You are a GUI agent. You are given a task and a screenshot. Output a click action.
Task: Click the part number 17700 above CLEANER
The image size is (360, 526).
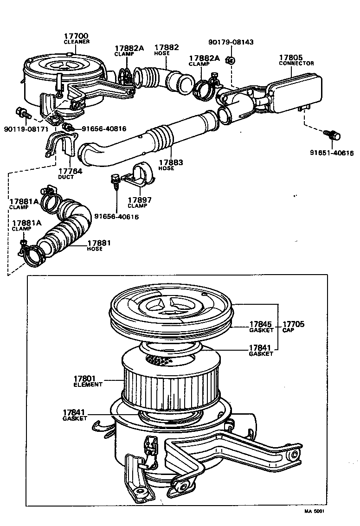pos(76,36)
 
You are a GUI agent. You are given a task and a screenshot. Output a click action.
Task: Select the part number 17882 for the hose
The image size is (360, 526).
pos(166,47)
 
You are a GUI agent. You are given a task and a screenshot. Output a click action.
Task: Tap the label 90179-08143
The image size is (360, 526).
pos(231,42)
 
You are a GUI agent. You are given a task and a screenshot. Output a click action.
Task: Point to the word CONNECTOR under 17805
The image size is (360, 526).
pos(296,64)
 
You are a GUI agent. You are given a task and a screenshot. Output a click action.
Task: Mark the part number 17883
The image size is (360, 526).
pos(171,162)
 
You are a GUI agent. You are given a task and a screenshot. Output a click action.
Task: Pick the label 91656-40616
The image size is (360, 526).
pos(116,216)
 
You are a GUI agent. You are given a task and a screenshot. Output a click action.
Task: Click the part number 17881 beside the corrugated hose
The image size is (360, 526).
pos(99,243)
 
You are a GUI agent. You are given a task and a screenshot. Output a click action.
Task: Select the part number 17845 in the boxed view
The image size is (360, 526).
pos(260,324)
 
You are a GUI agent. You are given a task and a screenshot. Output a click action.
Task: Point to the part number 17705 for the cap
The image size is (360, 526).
pos(293,324)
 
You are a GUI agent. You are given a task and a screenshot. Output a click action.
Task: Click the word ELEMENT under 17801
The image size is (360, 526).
pos(88,385)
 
